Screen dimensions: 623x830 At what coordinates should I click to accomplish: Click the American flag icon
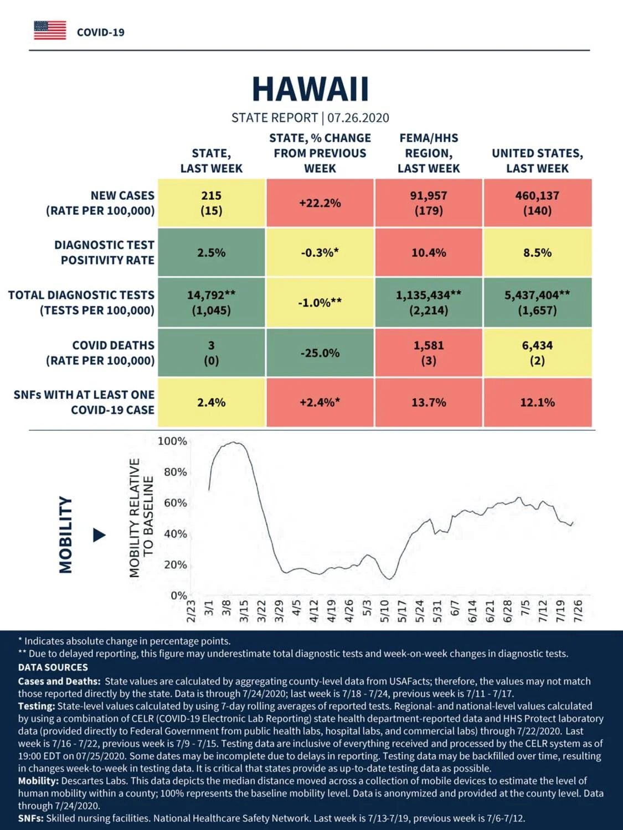pyautogui.click(x=50, y=30)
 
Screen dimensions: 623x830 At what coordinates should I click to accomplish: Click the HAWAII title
pyautogui.click(x=310, y=89)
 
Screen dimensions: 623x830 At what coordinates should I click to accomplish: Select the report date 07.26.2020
pyautogui.click(x=358, y=118)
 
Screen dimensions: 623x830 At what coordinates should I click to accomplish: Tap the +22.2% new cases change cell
pyautogui.click(x=320, y=203)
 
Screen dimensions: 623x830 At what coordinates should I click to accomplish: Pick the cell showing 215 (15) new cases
pyautogui.click(x=212, y=203)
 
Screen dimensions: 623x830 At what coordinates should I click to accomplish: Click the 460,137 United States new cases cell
pyautogui.click(x=538, y=203)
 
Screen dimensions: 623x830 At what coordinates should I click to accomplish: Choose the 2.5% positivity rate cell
pyautogui.click(x=212, y=252)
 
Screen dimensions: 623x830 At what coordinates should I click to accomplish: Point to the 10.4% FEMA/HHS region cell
pyautogui.click(x=429, y=252)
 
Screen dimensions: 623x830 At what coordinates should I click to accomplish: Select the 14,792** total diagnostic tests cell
pyautogui.click(x=212, y=303)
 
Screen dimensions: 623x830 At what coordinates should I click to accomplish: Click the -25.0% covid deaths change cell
pyautogui.click(x=320, y=353)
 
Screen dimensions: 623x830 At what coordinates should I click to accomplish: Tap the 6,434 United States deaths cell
pyautogui.click(x=538, y=353)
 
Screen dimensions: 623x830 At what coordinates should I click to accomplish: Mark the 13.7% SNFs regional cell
pyautogui.click(x=429, y=402)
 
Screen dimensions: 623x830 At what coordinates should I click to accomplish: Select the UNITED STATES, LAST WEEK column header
pyautogui.click(x=538, y=160)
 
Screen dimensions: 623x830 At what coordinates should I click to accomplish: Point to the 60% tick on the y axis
pyautogui.click(x=176, y=503)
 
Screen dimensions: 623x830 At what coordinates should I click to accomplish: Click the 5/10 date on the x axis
pyautogui.click(x=384, y=611)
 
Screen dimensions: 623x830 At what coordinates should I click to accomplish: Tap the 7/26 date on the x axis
pyautogui.click(x=578, y=611)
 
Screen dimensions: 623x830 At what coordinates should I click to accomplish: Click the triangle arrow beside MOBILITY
pyautogui.click(x=99, y=535)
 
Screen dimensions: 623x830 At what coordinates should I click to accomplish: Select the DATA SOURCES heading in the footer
pyautogui.click(x=53, y=667)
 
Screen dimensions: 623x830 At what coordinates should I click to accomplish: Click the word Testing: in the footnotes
pyautogui.click(x=37, y=706)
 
